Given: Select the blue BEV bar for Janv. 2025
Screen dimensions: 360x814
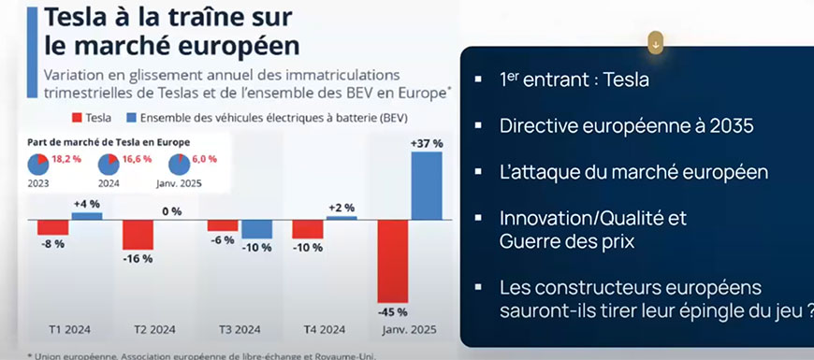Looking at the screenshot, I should coord(426,185).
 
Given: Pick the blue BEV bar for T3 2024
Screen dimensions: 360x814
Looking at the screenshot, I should coord(256,230).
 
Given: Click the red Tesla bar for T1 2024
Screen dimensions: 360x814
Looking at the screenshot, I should coord(53,227).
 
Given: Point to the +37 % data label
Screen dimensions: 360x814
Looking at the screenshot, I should coord(425,142).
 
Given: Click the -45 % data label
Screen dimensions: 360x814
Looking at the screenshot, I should coord(393,311).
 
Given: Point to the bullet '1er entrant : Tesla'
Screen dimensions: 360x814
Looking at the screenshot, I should coord(574,79).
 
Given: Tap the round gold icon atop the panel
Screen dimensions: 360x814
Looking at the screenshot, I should coord(657,42).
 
